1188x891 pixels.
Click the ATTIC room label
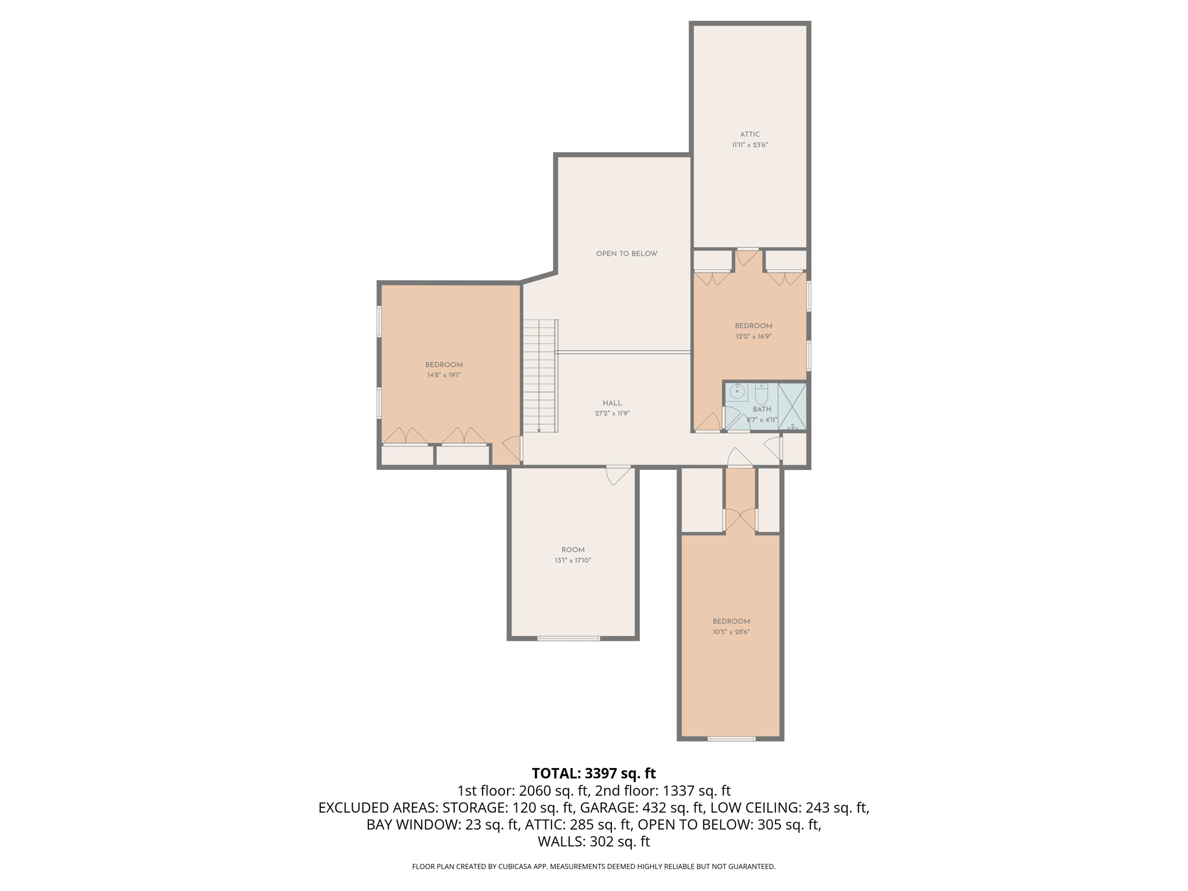click(x=749, y=135)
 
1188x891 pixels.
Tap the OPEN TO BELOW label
click(x=626, y=253)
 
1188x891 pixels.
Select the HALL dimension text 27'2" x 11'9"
click(x=612, y=414)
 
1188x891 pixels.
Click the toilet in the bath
click(x=761, y=394)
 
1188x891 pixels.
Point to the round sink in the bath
click(x=737, y=392)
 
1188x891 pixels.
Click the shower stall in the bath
click(x=792, y=406)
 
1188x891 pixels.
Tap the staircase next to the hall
click(x=540, y=376)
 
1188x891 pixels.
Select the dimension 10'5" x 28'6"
click(x=731, y=632)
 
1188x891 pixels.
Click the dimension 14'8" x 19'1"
click(x=444, y=375)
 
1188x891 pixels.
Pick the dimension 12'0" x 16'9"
click(x=753, y=336)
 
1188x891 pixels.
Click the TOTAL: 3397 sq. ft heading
click(x=593, y=773)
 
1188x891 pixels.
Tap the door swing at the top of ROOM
click(x=617, y=475)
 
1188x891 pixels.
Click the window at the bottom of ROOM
click(x=568, y=639)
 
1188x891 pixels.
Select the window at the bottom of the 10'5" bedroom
click(x=731, y=739)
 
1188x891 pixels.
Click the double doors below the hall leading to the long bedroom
click(x=740, y=520)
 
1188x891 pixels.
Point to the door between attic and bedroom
click(x=747, y=257)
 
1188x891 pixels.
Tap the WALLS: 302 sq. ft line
click(x=593, y=842)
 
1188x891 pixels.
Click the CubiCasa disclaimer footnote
click(x=593, y=867)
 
